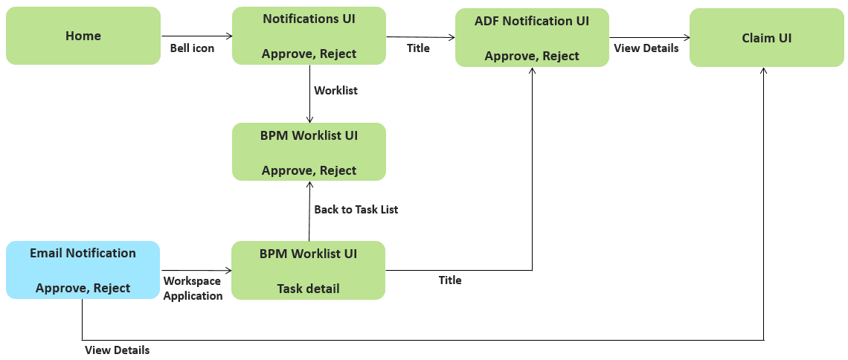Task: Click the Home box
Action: pos(83,36)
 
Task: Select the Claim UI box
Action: pos(766,38)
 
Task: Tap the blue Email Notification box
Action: pos(83,270)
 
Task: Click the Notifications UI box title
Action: pos(309,19)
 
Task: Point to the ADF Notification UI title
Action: pos(532,21)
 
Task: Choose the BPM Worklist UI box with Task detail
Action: pos(308,270)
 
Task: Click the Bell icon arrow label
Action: pos(192,48)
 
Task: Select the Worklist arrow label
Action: pos(335,90)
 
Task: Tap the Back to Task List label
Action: pos(356,210)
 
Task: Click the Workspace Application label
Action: pos(193,289)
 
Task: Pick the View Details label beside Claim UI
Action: pos(646,48)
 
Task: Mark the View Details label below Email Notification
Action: pos(117,350)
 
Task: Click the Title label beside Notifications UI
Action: pos(418,48)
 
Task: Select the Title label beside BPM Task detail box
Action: pos(450,280)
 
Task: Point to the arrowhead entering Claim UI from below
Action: pos(764,70)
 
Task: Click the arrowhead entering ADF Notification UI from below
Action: pos(533,70)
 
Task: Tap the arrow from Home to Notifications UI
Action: pos(196,36)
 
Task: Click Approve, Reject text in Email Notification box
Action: pos(83,288)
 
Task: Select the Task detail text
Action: pos(308,289)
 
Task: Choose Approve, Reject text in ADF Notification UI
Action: pos(532,56)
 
